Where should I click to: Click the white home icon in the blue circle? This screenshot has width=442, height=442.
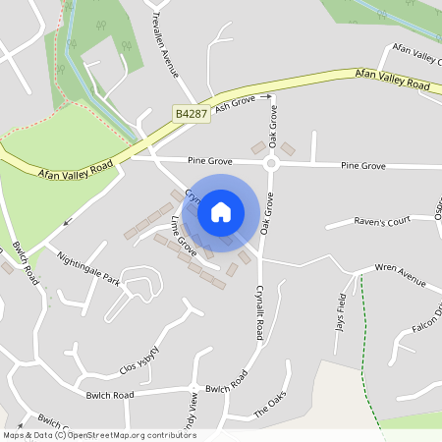[x=221, y=211]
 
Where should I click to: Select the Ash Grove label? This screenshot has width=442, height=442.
[x=236, y=103]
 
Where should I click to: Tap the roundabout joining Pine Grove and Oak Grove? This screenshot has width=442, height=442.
[x=270, y=164]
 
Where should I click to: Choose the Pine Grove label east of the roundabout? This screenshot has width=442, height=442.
[x=362, y=166]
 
